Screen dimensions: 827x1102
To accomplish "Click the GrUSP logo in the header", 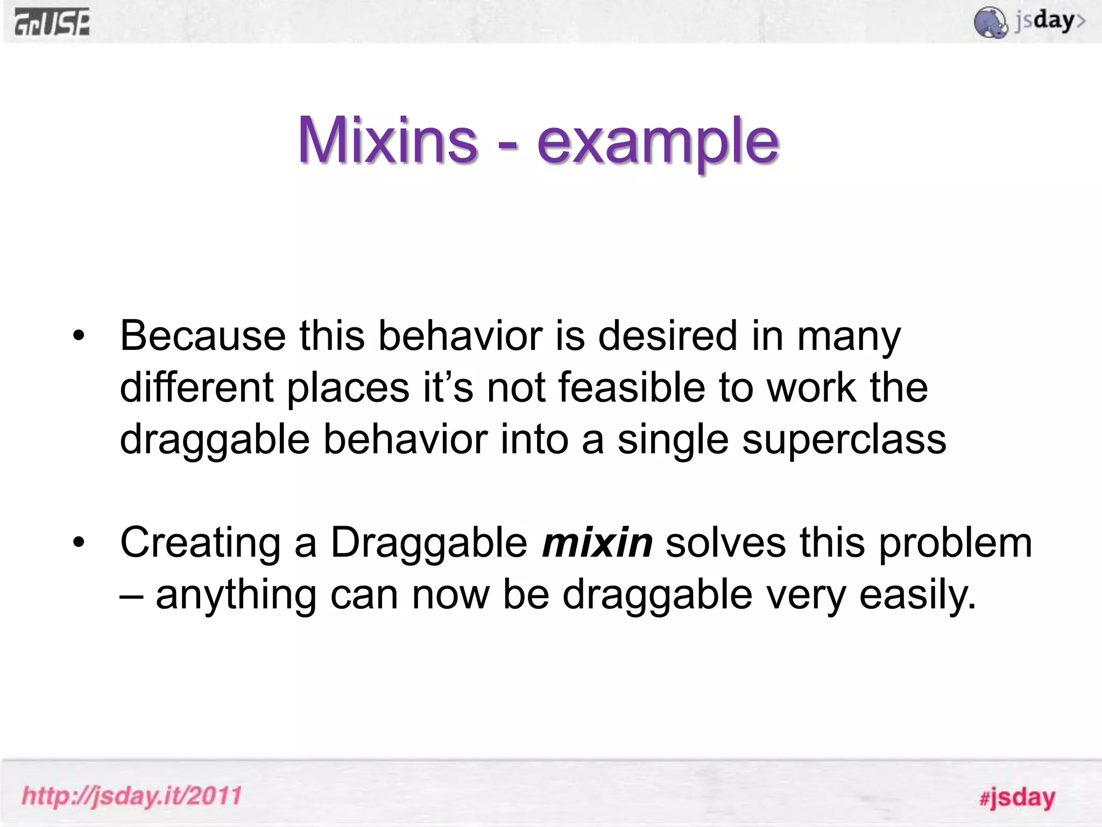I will click(x=52, y=24).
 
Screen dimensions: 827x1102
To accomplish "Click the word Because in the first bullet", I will click(x=202, y=336).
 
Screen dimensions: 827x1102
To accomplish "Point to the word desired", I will click(x=668, y=336).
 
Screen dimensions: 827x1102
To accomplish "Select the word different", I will click(x=196, y=388).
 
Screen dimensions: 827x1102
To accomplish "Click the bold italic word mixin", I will click(x=597, y=543).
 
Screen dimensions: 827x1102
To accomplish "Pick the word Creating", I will click(x=200, y=543).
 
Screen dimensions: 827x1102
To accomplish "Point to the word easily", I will click(x=917, y=595).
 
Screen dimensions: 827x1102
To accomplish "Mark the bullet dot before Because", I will click(x=79, y=336).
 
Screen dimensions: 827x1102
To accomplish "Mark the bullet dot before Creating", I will click(x=79, y=543).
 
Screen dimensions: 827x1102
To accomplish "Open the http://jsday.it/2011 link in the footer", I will click(x=132, y=796).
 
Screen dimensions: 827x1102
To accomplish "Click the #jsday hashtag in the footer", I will click(x=1016, y=797).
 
